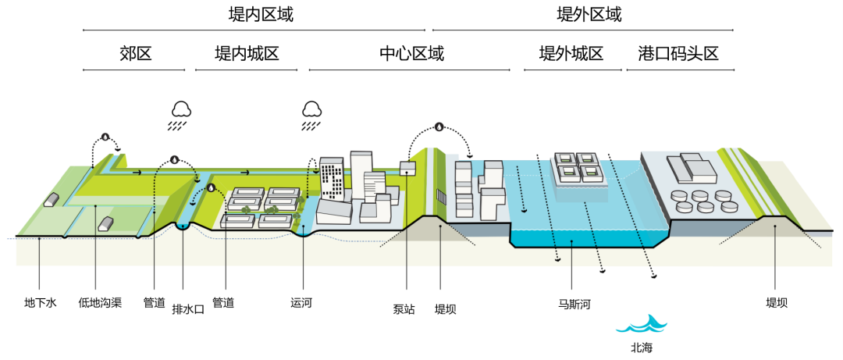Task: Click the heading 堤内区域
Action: (255, 15)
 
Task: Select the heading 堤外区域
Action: (589, 15)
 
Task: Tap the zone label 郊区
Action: (135, 54)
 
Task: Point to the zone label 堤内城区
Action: (247, 54)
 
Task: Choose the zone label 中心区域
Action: (411, 54)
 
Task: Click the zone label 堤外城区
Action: (571, 54)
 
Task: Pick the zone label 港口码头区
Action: (678, 54)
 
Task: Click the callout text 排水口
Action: (187, 308)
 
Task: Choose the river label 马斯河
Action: (574, 303)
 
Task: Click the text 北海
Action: (642, 347)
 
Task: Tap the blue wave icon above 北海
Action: (642, 324)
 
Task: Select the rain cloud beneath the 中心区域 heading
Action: (312, 109)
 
